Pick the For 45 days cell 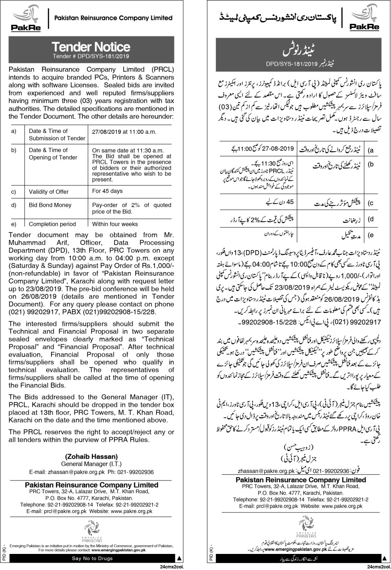tap(107, 190)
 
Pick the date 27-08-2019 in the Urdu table tap(271, 150)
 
